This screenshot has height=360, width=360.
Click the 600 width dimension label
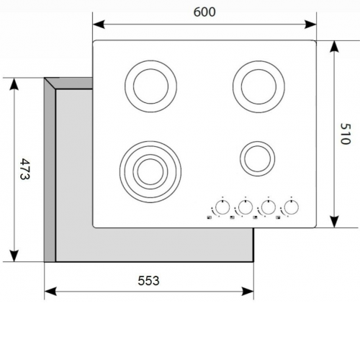point(204,12)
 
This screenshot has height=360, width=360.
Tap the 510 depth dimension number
point(346,134)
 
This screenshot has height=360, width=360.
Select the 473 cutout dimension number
point(24,168)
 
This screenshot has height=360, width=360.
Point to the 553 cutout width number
point(148,281)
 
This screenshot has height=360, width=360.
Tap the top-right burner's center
point(258,86)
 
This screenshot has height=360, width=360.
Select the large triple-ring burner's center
point(150,171)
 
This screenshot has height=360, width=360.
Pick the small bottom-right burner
point(258,158)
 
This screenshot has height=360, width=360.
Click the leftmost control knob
point(222,207)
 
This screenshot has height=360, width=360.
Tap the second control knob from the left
point(246,207)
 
